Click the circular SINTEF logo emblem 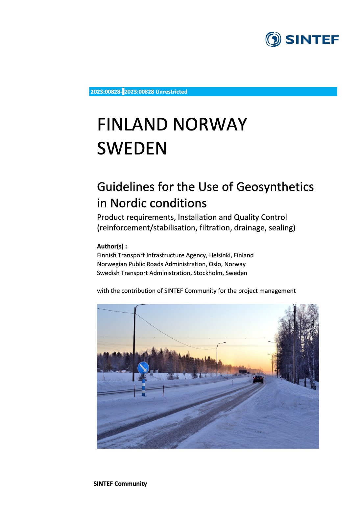point(273,39)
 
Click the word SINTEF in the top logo point(312,40)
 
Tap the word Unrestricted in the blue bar point(171,92)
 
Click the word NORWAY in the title point(210,125)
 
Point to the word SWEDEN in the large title point(132,148)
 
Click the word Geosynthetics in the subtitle point(275,187)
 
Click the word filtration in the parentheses point(215,228)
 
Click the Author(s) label point(112,246)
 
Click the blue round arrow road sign point(143,368)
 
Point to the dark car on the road point(258,379)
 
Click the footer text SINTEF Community point(120,484)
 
